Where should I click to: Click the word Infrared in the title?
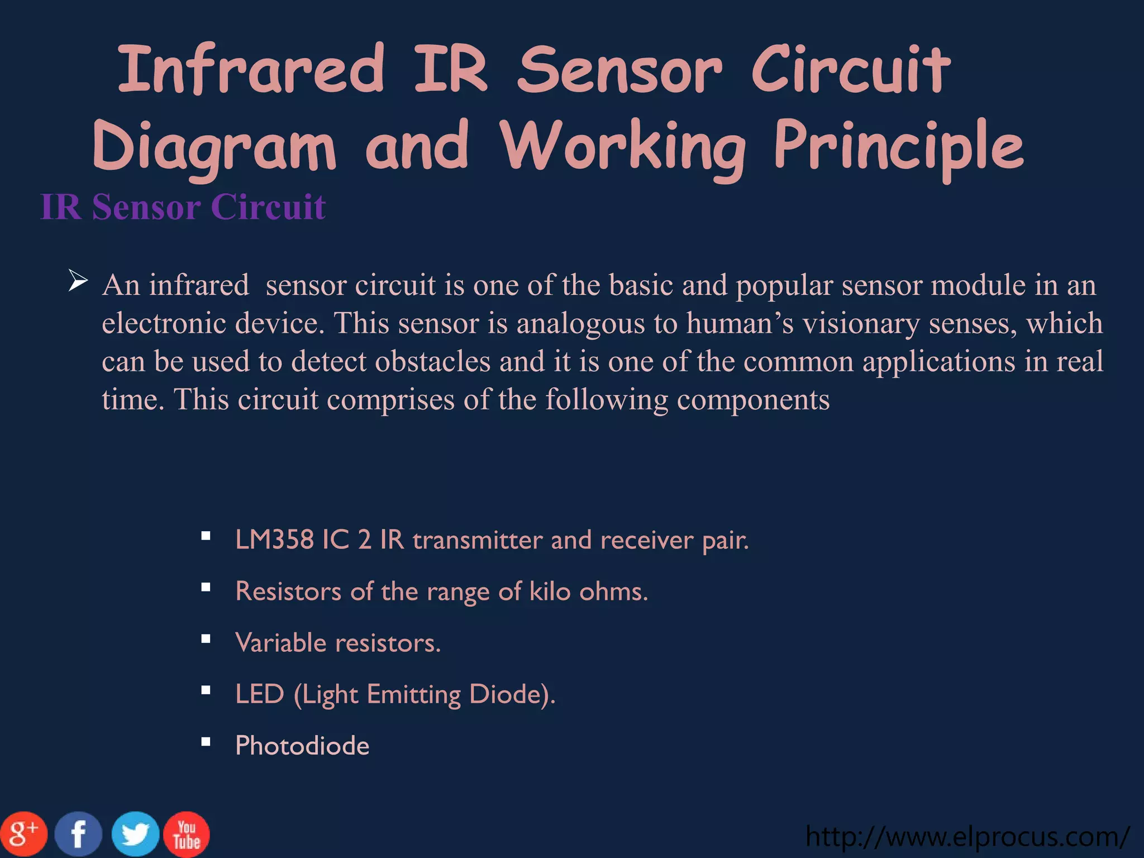click(251, 70)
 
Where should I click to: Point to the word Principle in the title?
click(899, 147)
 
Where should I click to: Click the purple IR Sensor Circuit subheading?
click(183, 207)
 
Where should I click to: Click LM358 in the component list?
click(274, 540)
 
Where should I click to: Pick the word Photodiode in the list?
click(302, 746)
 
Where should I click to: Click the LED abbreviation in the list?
click(260, 694)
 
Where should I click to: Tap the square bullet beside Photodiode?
click(206, 742)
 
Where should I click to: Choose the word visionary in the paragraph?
click(861, 324)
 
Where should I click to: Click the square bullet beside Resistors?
click(206, 587)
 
